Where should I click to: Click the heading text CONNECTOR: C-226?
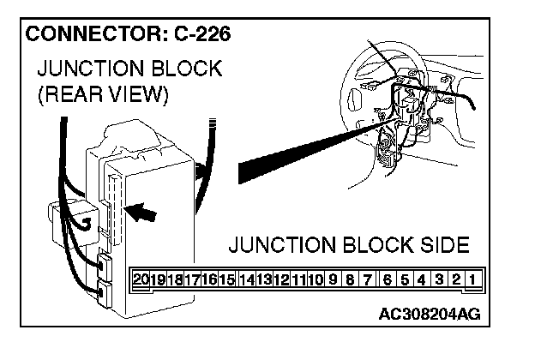[129, 36]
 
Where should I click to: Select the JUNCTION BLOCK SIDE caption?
[349, 246]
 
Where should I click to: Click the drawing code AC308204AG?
[429, 315]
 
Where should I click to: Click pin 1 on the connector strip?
[472, 279]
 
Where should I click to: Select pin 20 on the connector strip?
[141, 279]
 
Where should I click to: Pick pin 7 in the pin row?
[367, 279]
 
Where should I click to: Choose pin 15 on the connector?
[227, 279]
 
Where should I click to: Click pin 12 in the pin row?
[280, 279]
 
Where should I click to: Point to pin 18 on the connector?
[176, 279]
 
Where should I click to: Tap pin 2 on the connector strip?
[456, 279]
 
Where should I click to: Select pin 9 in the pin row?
[333, 279]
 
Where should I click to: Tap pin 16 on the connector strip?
[210, 279]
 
